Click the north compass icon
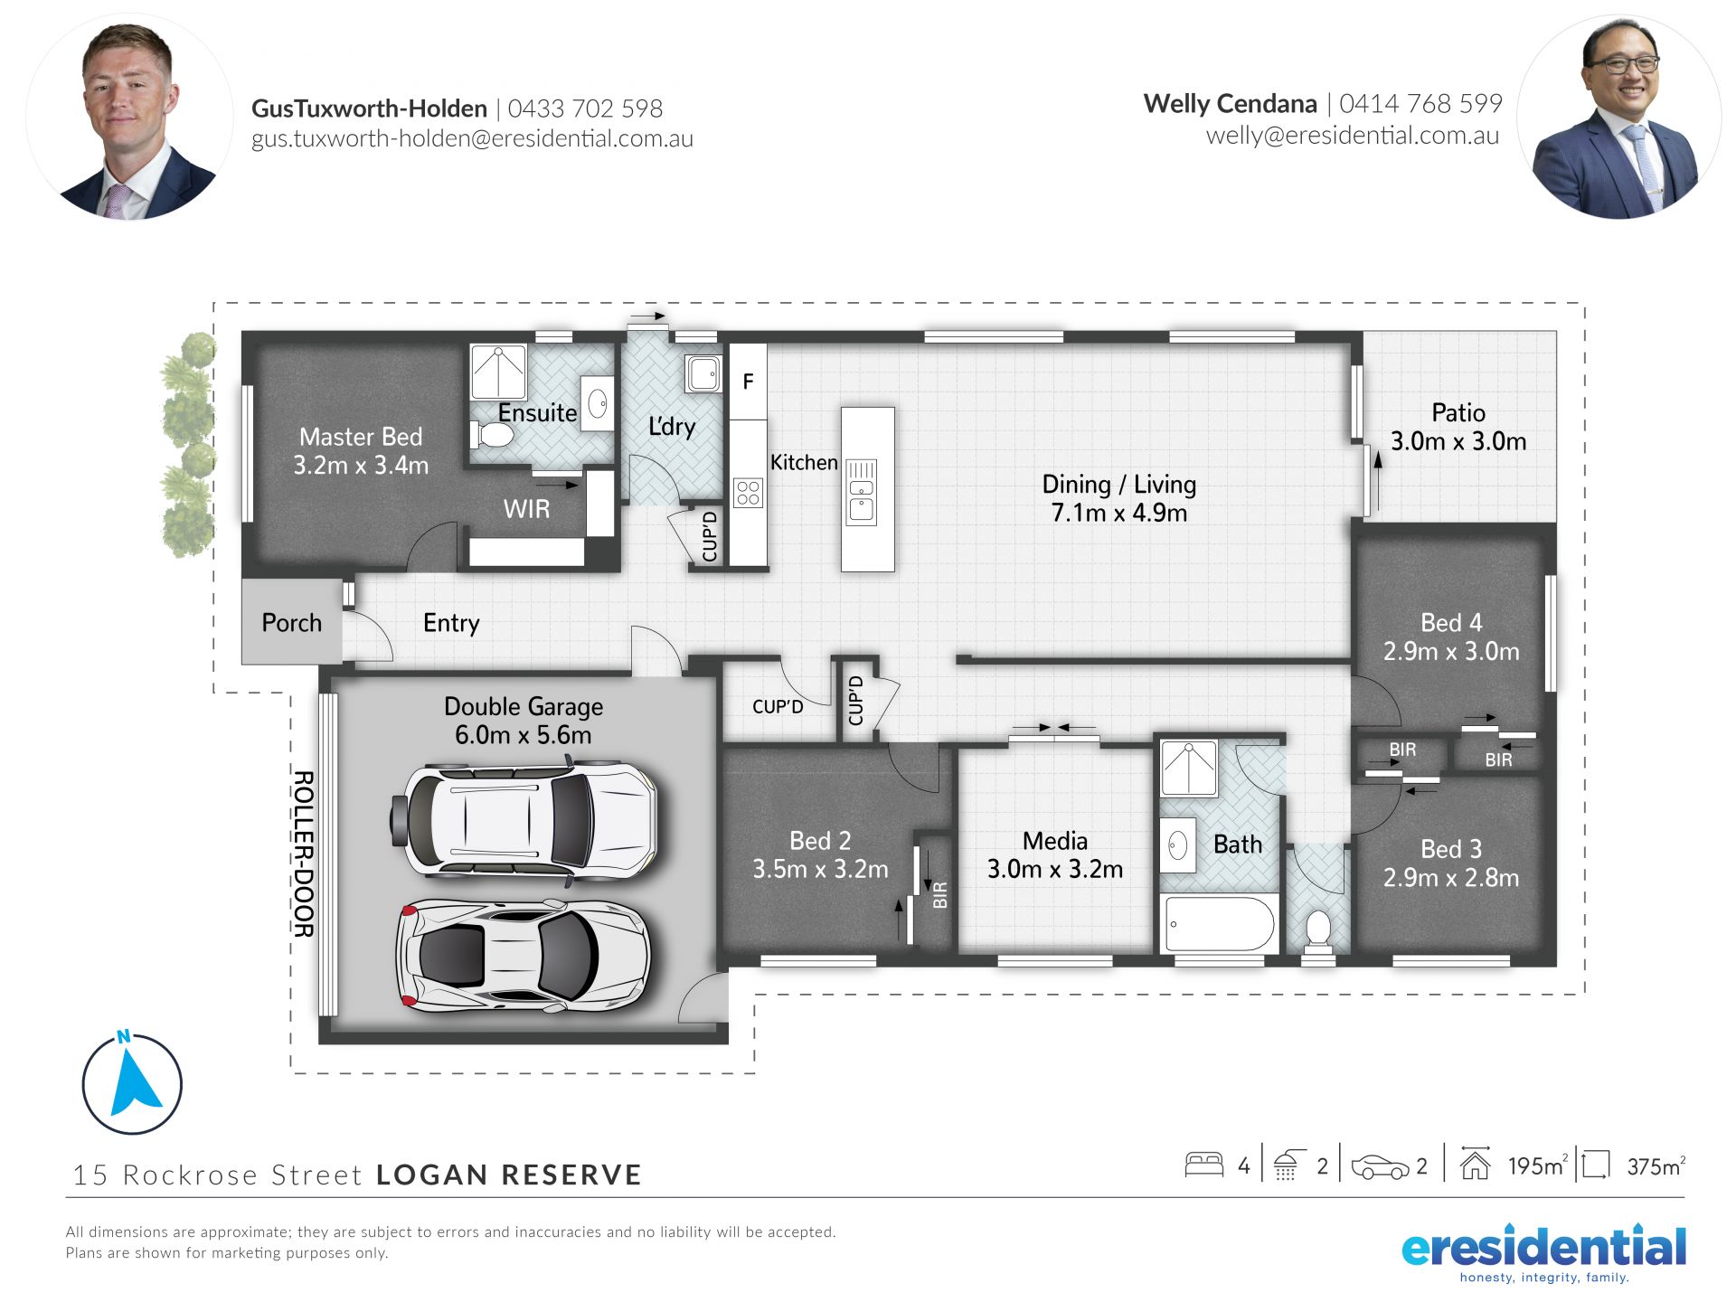click(x=132, y=1082)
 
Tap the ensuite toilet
click(x=492, y=436)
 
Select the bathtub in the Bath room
click(x=1220, y=923)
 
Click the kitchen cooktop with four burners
click(x=749, y=493)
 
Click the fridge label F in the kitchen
click(x=748, y=382)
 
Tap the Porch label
click(x=291, y=623)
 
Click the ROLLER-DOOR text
click(x=304, y=854)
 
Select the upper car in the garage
click(x=524, y=820)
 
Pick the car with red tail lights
click(x=524, y=956)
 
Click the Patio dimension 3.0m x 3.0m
click(x=1458, y=441)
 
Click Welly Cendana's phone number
click(x=1420, y=104)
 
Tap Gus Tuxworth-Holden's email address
click(x=472, y=138)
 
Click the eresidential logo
click(x=1543, y=1252)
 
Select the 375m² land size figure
click(x=1656, y=1166)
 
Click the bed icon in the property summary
click(x=1203, y=1165)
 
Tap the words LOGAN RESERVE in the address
click(x=509, y=1175)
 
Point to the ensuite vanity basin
click(x=597, y=403)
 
